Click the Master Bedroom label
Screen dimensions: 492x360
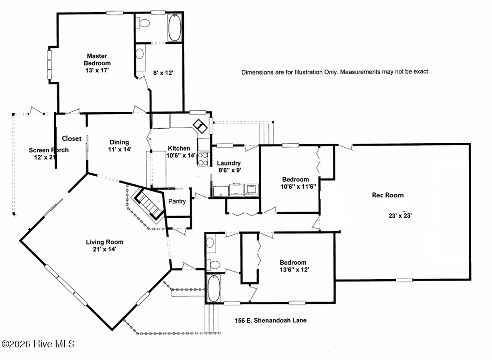[97, 60]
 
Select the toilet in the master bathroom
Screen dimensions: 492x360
[144, 23]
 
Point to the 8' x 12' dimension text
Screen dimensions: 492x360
[163, 73]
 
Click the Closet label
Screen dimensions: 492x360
[72, 138]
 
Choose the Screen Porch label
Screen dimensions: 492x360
[49, 150]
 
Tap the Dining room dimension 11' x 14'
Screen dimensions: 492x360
[119, 150]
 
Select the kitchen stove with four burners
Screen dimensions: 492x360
[203, 159]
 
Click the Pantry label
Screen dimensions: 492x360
[177, 201]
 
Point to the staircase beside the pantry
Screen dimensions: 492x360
[148, 204]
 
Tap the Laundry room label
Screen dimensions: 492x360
[229, 163]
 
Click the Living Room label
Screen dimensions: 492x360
[104, 242]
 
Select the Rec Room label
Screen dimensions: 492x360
[388, 195]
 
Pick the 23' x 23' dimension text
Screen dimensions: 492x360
[400, 216]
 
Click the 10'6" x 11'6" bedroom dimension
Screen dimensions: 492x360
[298, 187]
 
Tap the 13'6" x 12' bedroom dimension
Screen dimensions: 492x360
[294, 270]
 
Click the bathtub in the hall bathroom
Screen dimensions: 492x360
[214, 288]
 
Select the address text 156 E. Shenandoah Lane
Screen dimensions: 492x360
[271, 320]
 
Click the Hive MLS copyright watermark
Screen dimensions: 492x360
[38, 344]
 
